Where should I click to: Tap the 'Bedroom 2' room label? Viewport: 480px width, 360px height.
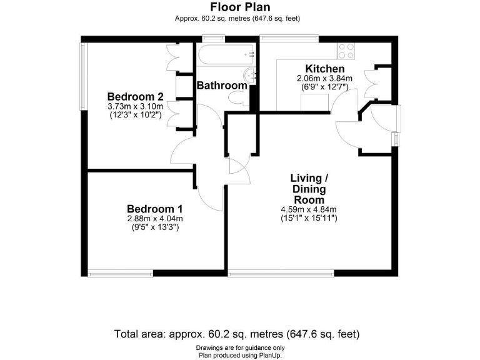135,97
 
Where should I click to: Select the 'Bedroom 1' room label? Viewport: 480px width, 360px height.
154,209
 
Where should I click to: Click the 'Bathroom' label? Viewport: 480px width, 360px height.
222,86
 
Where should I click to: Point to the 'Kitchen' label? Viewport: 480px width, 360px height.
324,69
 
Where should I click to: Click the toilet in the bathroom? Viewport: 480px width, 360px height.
238,99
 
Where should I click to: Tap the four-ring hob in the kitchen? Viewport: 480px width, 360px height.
346,49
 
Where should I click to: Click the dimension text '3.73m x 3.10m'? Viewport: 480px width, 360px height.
135,106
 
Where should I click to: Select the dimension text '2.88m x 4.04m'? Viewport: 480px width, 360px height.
154,219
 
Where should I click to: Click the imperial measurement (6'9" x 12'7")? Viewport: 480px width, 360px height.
324,87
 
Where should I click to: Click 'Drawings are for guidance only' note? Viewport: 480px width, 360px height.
239,347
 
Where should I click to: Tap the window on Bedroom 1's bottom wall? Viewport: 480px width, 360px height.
121,273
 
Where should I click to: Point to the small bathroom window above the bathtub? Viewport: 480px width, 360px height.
214,40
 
